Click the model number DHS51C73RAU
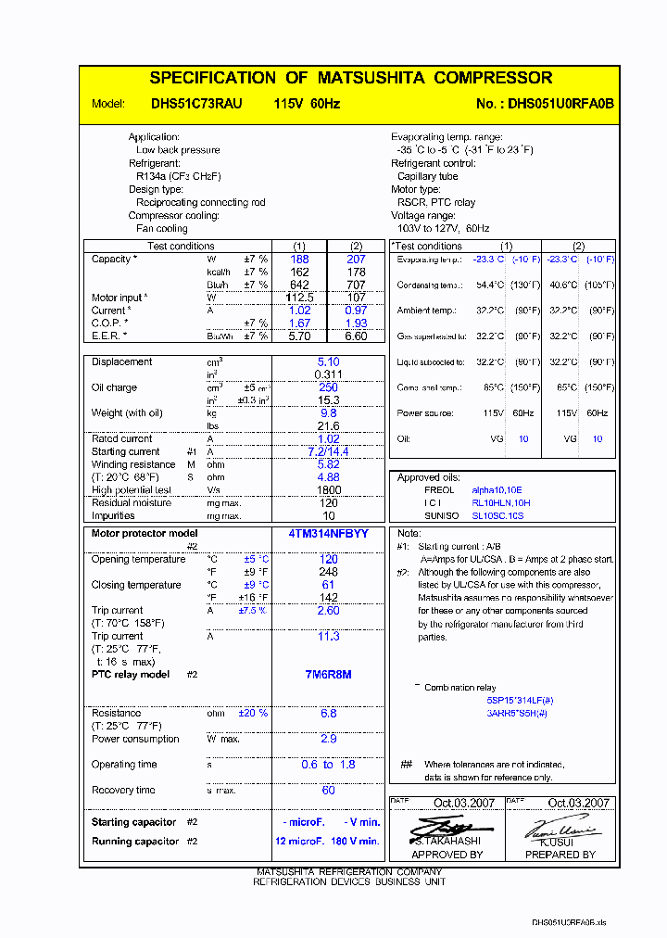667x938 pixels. point(196,104)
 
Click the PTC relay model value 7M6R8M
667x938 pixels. point(327,675)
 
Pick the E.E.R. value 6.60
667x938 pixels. point(356,336)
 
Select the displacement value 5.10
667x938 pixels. point(328,362)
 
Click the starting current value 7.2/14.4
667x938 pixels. point(328,451)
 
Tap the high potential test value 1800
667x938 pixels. point(328,490)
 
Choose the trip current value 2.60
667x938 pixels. point(328,611)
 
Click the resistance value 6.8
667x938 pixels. point(328,714)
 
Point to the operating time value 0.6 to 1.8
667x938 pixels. point(328,765)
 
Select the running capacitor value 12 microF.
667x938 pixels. point(299,841)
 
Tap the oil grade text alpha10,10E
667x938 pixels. point(497,489)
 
